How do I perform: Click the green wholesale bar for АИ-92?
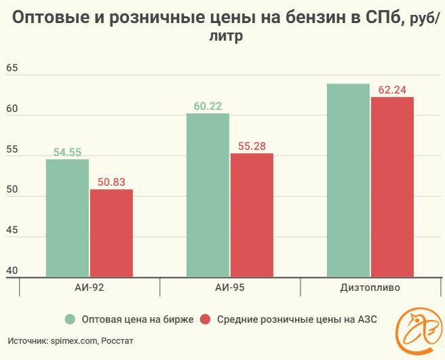coord(67,218)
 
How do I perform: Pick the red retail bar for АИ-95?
coord(252,215)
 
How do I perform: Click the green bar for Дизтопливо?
coord(348,180)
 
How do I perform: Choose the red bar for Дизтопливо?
coord(392,186)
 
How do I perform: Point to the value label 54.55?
coord(67,153)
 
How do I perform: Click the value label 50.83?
coord(111,182)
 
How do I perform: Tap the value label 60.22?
coord(208,106)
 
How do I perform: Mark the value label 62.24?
coord(392,90)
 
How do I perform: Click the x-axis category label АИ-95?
coord(230,287)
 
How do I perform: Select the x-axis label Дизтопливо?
coord(370,287)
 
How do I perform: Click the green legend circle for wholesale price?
coord(69,319)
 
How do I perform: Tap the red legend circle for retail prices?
coord(206,319)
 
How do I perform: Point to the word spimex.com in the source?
coord(73,341)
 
